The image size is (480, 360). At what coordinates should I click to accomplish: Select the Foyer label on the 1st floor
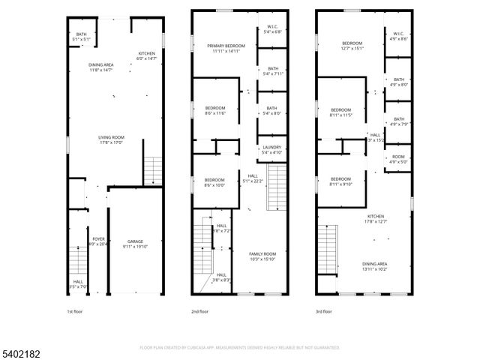pyautogui.click(x=98, y=241)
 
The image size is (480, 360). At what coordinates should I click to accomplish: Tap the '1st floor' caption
pyautogui.click(x=75, y=311)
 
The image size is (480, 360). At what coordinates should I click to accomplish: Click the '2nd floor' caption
pyautogui.click(x=199, y=311)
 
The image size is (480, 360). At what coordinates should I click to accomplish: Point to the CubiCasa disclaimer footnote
pyautogui.click(x=240, y=347)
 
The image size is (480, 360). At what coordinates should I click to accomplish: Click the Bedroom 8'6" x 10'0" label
pyautogui.click(x=214, y=182)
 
